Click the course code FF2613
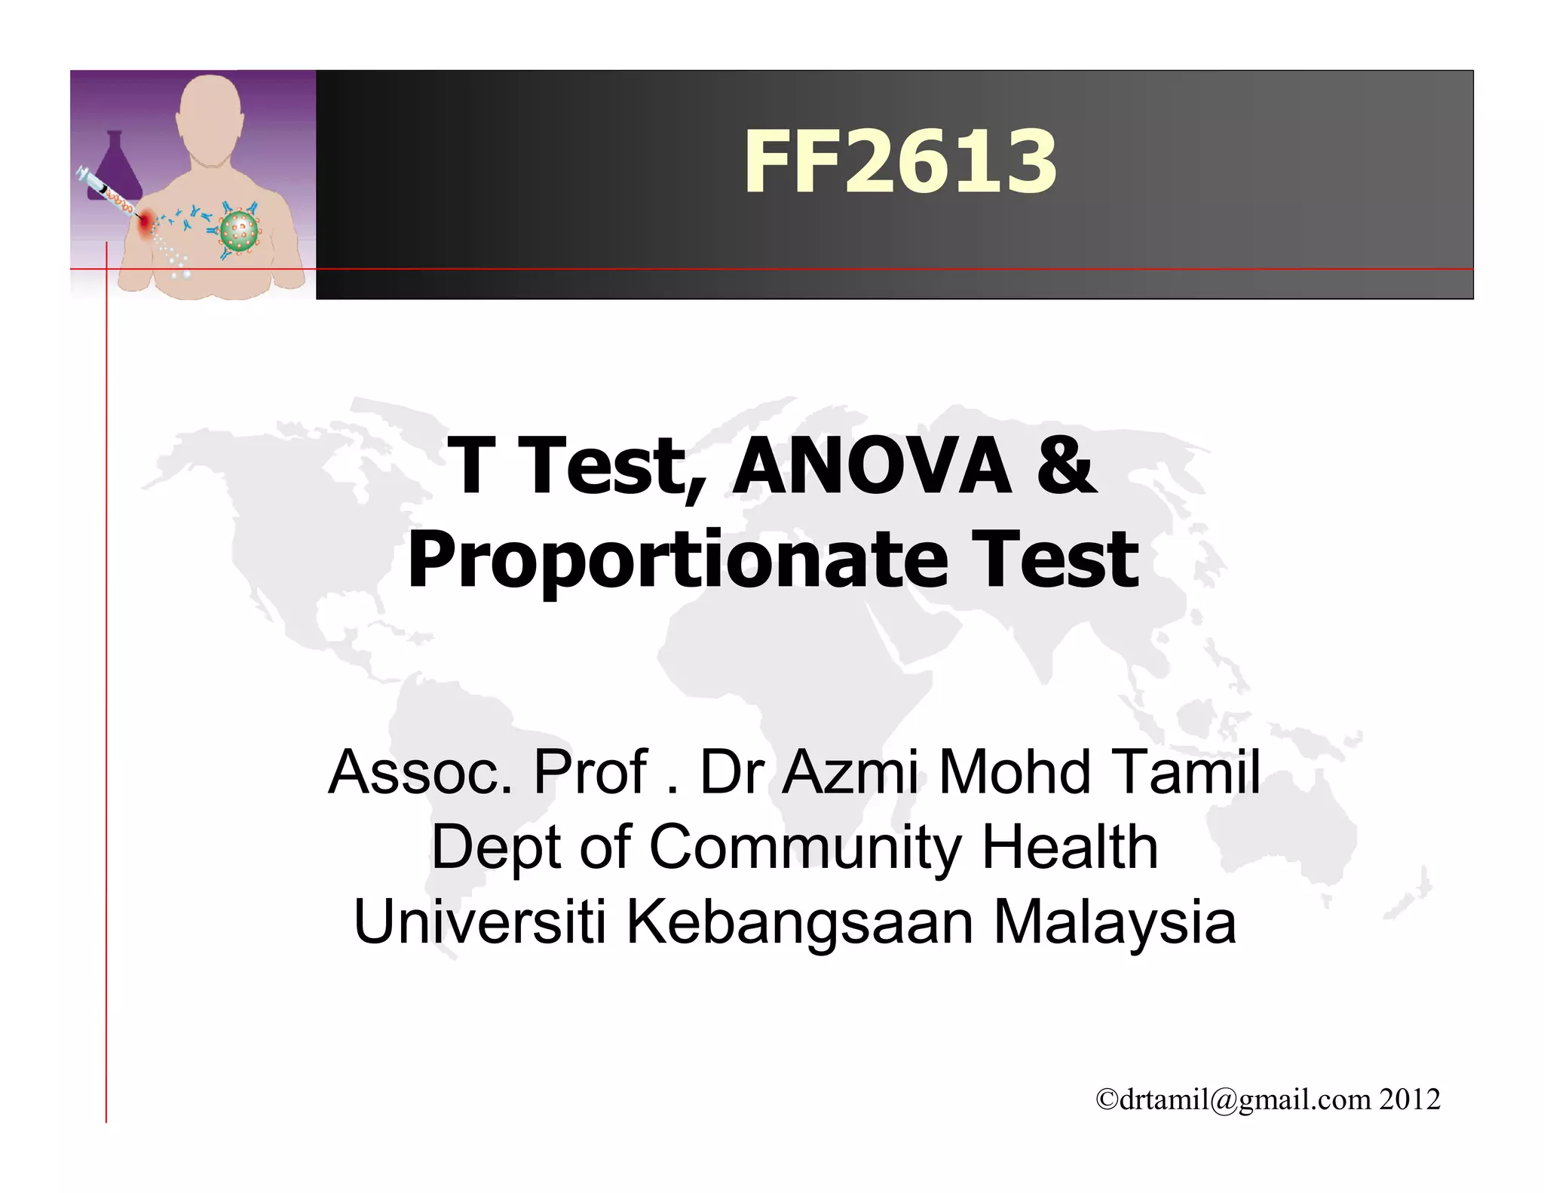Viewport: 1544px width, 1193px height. (900, 161)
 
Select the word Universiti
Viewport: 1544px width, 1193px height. (479, 921)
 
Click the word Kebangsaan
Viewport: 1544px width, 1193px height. (800, 922)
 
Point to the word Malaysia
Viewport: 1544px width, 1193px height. (1114, 922)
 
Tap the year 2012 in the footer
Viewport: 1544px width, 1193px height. (1410, 1099)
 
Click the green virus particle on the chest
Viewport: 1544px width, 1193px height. (239, 232)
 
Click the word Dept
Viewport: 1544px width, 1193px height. (494, 848)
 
